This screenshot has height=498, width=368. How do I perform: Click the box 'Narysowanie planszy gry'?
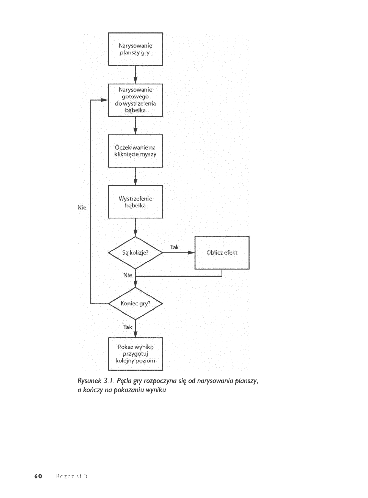[135, 49]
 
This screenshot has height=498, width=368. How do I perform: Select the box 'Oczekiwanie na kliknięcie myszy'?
[135, 151]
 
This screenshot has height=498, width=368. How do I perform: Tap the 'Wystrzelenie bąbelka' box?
[135, 202]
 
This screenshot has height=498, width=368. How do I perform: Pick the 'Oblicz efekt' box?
[222, 253]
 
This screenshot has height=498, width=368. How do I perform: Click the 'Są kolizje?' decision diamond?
[135, 253]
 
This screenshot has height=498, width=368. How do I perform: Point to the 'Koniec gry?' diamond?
[135, 304]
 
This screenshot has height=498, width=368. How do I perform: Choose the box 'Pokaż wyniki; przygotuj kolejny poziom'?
[135, 354]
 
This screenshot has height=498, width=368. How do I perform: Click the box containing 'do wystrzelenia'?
[135, 100]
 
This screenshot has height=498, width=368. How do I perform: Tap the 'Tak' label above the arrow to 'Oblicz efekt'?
[175, 247]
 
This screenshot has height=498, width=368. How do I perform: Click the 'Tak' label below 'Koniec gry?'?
[128, 327]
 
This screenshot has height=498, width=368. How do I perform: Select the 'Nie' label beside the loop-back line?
[82, 208]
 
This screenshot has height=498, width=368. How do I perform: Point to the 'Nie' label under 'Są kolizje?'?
[128, 275]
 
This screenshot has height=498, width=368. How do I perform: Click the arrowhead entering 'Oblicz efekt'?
[192, 253]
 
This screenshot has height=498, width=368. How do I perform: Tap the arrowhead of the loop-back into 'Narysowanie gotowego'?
[105, 100]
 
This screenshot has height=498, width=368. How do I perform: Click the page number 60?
[38, 476]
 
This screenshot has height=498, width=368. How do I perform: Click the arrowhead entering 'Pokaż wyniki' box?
[135, 334]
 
